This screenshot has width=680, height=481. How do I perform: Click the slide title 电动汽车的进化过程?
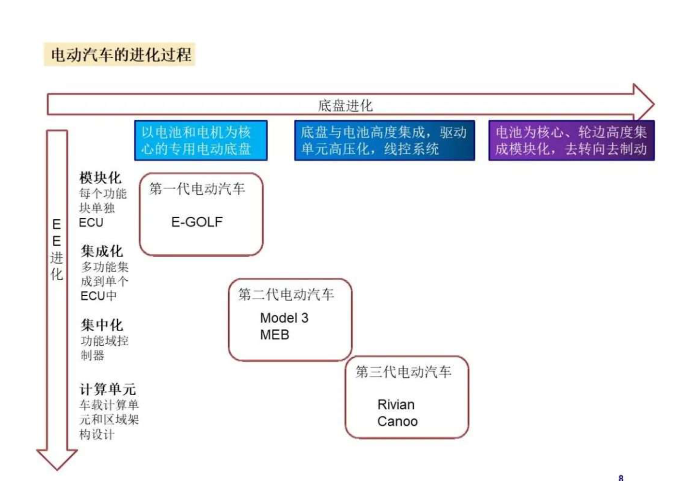121,54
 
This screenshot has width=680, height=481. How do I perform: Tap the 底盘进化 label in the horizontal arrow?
345,105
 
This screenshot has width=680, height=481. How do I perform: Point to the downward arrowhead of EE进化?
57,458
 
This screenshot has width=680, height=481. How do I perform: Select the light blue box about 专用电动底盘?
201,140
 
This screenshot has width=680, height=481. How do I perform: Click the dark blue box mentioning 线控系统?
384,140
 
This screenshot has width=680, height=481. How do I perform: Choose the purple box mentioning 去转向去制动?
571,140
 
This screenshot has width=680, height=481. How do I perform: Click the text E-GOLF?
197,222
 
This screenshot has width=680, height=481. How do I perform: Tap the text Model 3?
284,318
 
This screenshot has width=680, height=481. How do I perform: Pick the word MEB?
274,335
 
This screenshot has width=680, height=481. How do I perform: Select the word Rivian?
396,404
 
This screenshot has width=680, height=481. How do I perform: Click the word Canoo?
397,421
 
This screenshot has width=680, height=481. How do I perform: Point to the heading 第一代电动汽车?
197,189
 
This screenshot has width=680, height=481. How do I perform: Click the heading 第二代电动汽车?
286,294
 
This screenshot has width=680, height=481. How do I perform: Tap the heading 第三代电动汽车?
403,372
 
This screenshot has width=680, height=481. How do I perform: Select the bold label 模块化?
100,178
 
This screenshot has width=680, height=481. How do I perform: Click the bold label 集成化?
102,251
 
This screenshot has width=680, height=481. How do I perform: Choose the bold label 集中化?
102,325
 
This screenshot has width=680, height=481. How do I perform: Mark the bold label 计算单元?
108,389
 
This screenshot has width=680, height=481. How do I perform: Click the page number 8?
621,477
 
